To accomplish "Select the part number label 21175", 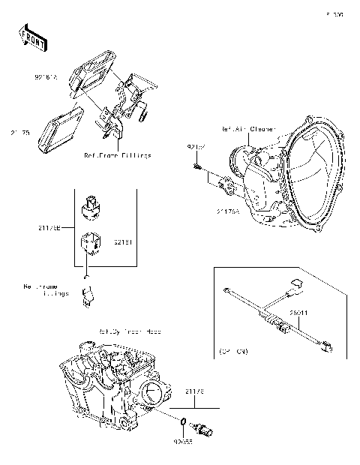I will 20,133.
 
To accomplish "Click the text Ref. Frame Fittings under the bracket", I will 118,156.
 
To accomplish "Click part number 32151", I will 124,243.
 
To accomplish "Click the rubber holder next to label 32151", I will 90,244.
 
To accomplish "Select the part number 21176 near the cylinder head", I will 193,391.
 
